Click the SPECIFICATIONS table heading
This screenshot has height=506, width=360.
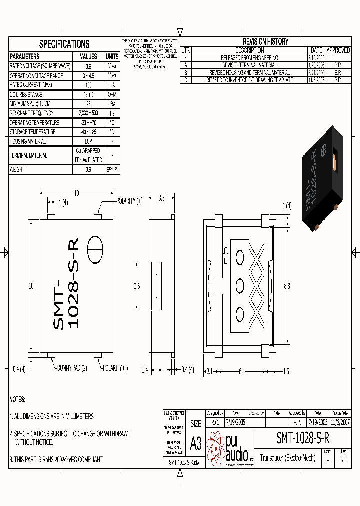tap(64, 44)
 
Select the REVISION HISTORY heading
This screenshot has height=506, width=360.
tap(265, 42)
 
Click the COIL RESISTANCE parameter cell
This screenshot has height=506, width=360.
tap(26, 94)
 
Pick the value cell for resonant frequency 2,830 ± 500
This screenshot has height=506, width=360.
tap(88, 113)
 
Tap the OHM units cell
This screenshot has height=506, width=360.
tap(112, 94)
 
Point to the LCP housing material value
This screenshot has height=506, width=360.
tap(88, 141)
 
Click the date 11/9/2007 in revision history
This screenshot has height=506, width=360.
tap(316, 79)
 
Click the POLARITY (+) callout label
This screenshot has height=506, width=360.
tap(129, 201)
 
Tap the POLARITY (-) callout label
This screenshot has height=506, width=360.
tap(115, 368)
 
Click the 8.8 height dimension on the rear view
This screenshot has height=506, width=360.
tap(287, 286)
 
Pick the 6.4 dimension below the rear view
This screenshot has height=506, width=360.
tap(241, 371)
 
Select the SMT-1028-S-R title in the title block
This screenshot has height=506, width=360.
tap(303, 438)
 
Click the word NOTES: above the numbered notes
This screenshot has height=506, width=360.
tap(17, 400)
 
